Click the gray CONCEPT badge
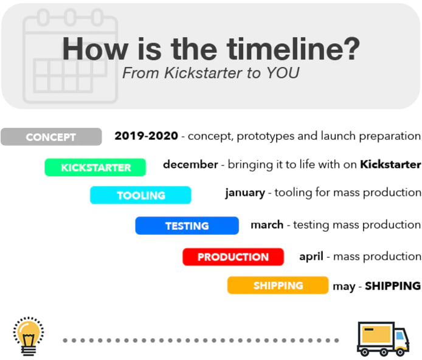(51, 137)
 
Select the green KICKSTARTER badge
(95, 167)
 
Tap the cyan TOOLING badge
(140, 195)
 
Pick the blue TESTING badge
(187, 226)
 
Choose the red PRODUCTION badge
(233, 257)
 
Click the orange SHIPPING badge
(278, 285)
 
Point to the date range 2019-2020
(146, 136)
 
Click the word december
(190, 164)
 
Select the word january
(245, 193)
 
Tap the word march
(267, 224)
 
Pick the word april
(311, 257)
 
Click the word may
(344, 287)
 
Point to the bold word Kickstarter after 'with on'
(391, 164)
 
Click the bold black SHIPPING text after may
(393, 286)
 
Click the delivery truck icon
(383, 339)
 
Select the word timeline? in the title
(293, 49)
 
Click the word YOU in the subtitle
(283, 72)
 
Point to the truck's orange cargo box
(376, 334)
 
